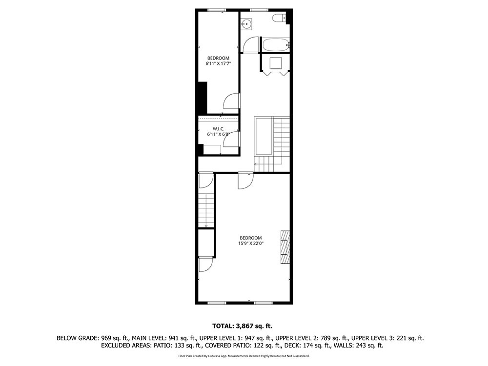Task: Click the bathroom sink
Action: point(247,23)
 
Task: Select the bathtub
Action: point(276,45)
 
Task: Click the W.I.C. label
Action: point(218,129)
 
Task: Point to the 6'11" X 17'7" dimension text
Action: point(218,63)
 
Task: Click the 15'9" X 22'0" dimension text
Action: point(251,244)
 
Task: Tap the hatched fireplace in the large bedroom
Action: point(285,247)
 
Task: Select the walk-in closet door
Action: point(231,139)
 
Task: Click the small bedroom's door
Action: point(231,101)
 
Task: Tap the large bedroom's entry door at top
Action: point(246,181)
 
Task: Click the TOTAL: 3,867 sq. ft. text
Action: point(242,326)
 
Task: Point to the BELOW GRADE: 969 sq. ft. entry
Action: point(93,338)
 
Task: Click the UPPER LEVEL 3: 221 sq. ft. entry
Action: point(387,338)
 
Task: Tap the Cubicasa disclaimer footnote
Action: point(244,356)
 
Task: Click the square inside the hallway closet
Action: point(276,63)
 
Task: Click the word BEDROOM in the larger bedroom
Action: point(251,238)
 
